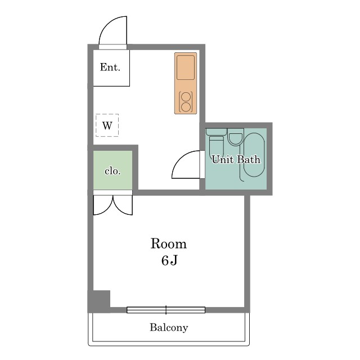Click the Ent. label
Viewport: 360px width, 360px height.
[110, 67]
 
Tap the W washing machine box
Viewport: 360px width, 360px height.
[107, 125]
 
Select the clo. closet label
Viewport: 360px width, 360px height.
[112, 171]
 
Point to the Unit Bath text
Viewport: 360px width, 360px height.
[236, 159]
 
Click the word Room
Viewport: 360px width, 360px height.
[169, 244]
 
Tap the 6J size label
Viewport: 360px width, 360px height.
[169, 260]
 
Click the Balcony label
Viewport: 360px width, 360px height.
[169, 327]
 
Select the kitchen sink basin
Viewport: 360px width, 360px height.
[186, 67]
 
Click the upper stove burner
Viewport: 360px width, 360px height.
[186, 97]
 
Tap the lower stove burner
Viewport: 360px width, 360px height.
[186, 107]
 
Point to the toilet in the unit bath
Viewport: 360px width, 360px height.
[216, 143]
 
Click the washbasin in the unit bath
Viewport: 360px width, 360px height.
[236, 137]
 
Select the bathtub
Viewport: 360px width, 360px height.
[254, 155]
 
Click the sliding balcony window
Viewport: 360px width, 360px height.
[166, 310]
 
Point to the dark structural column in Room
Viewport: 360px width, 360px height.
[99, 301]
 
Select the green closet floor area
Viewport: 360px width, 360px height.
[112, 170]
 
